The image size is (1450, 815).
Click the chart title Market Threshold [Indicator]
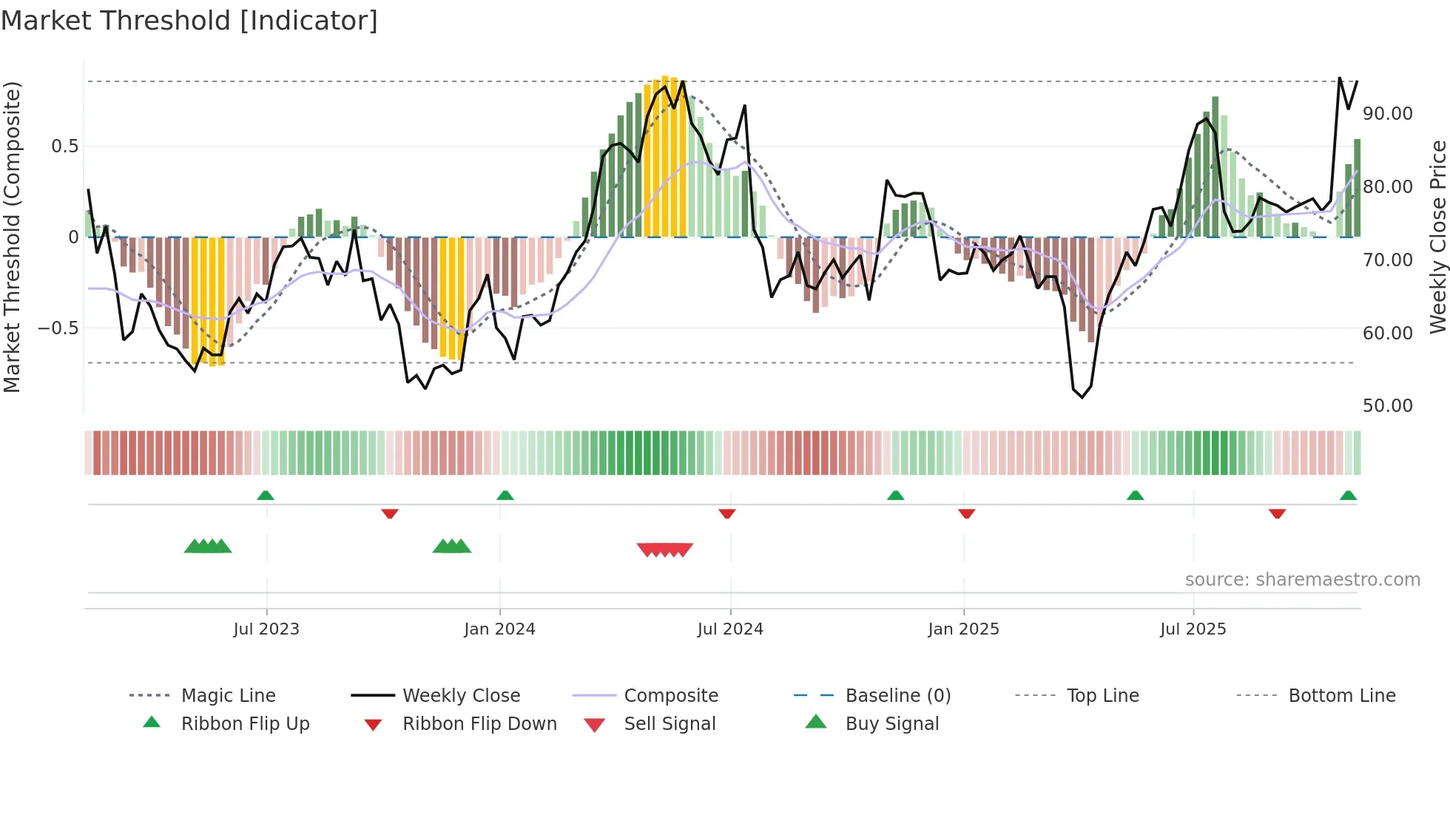click(189, 21)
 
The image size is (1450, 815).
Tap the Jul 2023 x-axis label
click(266, 629)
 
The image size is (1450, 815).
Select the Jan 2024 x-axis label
click(499, 629)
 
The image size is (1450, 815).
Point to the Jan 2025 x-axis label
click(963, 629)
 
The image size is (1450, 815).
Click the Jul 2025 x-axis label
click(1193, 629)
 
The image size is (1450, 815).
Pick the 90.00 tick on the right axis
click(1387, 114)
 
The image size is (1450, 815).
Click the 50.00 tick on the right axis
click(1387, 406)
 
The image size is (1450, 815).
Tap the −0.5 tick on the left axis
click(58, 328)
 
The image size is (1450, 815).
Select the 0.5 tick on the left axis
click(64, 146)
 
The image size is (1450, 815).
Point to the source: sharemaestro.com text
click(1302, 580)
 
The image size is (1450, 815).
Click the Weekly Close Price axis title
click(1437, 237)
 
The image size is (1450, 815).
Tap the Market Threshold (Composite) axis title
click(12, 237)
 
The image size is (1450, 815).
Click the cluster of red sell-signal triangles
click(664, 549)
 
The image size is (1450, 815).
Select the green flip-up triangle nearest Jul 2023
click(266, 496)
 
